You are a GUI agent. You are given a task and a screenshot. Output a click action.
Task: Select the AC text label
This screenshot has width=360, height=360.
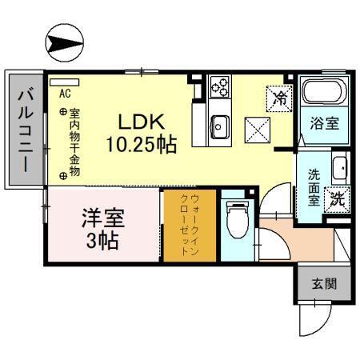(x=63, y=91)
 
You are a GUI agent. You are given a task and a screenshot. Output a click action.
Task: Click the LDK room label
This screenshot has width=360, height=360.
(x=142, y=122)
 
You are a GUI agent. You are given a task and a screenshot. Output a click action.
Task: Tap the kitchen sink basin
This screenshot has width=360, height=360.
(x=219, y=126)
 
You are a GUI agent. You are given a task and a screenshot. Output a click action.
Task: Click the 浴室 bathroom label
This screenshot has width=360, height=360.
(x=324, y=124)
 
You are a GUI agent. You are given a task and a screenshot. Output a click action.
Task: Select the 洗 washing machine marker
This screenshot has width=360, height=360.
(x=337, y=200)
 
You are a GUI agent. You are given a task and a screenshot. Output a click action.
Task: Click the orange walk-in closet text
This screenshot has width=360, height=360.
(x=189, y=225)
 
